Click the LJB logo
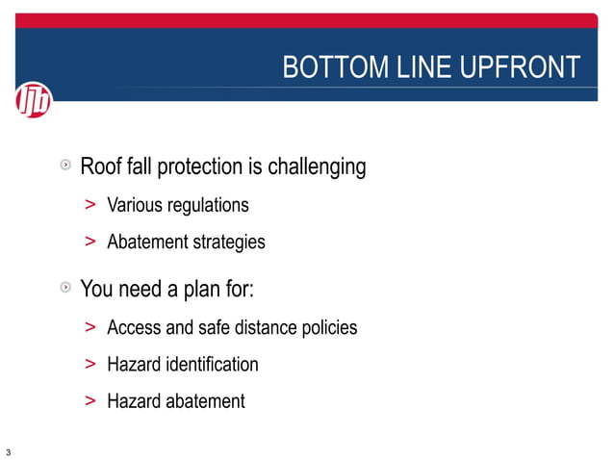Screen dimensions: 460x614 pos(35,99)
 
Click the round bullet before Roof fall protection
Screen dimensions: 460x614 pos(64,166)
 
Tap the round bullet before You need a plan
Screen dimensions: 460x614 pos(64,288)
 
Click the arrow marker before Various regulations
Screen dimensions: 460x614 pos(90,205)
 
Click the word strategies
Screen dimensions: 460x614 pos(229,243)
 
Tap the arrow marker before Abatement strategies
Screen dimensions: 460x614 pos(90,242)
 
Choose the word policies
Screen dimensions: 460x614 pos(327,327)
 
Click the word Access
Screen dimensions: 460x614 pos(134,327)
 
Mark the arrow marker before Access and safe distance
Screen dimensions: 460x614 pos(90,327)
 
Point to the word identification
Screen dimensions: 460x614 pos(212,365)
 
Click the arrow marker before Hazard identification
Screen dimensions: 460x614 pos(90,365)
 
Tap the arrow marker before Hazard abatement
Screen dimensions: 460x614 pos(90,401)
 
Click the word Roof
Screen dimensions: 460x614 pos(100,167)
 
